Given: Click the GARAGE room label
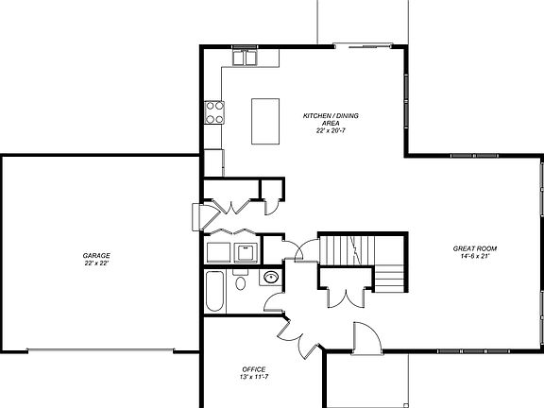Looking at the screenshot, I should pos(96,255).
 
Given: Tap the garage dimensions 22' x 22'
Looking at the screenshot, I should pos(96,263).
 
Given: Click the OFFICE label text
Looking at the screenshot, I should pos(253,368).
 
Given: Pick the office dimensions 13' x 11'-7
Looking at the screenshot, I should pos(253,376).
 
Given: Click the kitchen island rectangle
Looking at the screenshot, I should pos(264,121).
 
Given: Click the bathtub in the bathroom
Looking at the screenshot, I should pos(215,293).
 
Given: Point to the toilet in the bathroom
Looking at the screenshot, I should pos(241,282).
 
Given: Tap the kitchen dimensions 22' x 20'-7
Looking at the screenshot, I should pos(330,131).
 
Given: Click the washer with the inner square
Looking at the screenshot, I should pos(246,252).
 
